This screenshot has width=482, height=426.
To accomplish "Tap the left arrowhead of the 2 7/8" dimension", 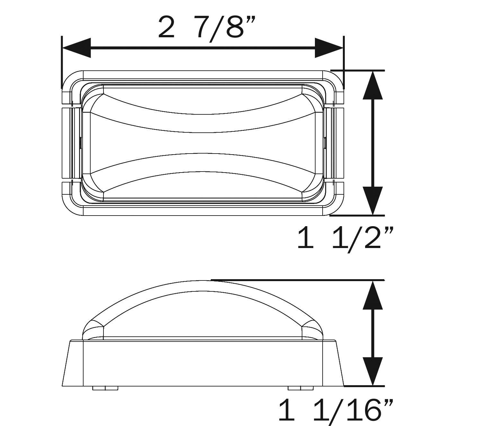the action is pos(76,48).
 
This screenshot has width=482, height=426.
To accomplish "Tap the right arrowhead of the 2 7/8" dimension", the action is pos(329,48).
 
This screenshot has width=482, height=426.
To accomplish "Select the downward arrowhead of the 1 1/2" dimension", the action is pos(373,201).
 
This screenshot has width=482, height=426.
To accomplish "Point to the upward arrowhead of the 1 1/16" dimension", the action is pos(373,295).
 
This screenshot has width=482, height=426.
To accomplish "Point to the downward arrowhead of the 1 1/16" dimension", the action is pos(373,371).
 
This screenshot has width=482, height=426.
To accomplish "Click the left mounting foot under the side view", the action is pos(105,388).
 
